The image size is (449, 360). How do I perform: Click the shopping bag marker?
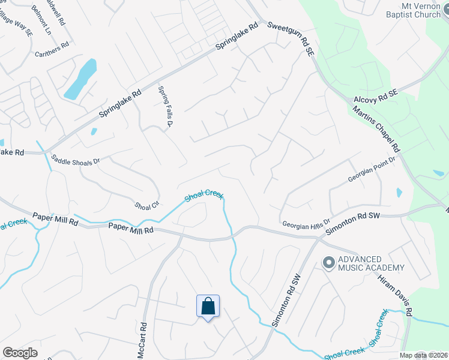click(208, 306)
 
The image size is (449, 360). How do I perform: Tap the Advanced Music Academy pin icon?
click(328, 262)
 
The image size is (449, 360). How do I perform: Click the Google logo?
click(20, 352)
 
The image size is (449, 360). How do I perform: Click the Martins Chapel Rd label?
click(376, 129)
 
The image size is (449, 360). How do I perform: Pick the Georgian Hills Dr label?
click(306, 223)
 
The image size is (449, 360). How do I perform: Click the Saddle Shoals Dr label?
click(75, 160)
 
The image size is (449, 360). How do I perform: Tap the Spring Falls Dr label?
click(165, 107)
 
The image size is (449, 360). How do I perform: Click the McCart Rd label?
click(143, 341)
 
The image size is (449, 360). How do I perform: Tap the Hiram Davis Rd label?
click(394, 296)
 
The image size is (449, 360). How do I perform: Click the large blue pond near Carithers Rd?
click(81, 79)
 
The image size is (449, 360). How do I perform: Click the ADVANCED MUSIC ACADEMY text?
click(371, 263)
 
